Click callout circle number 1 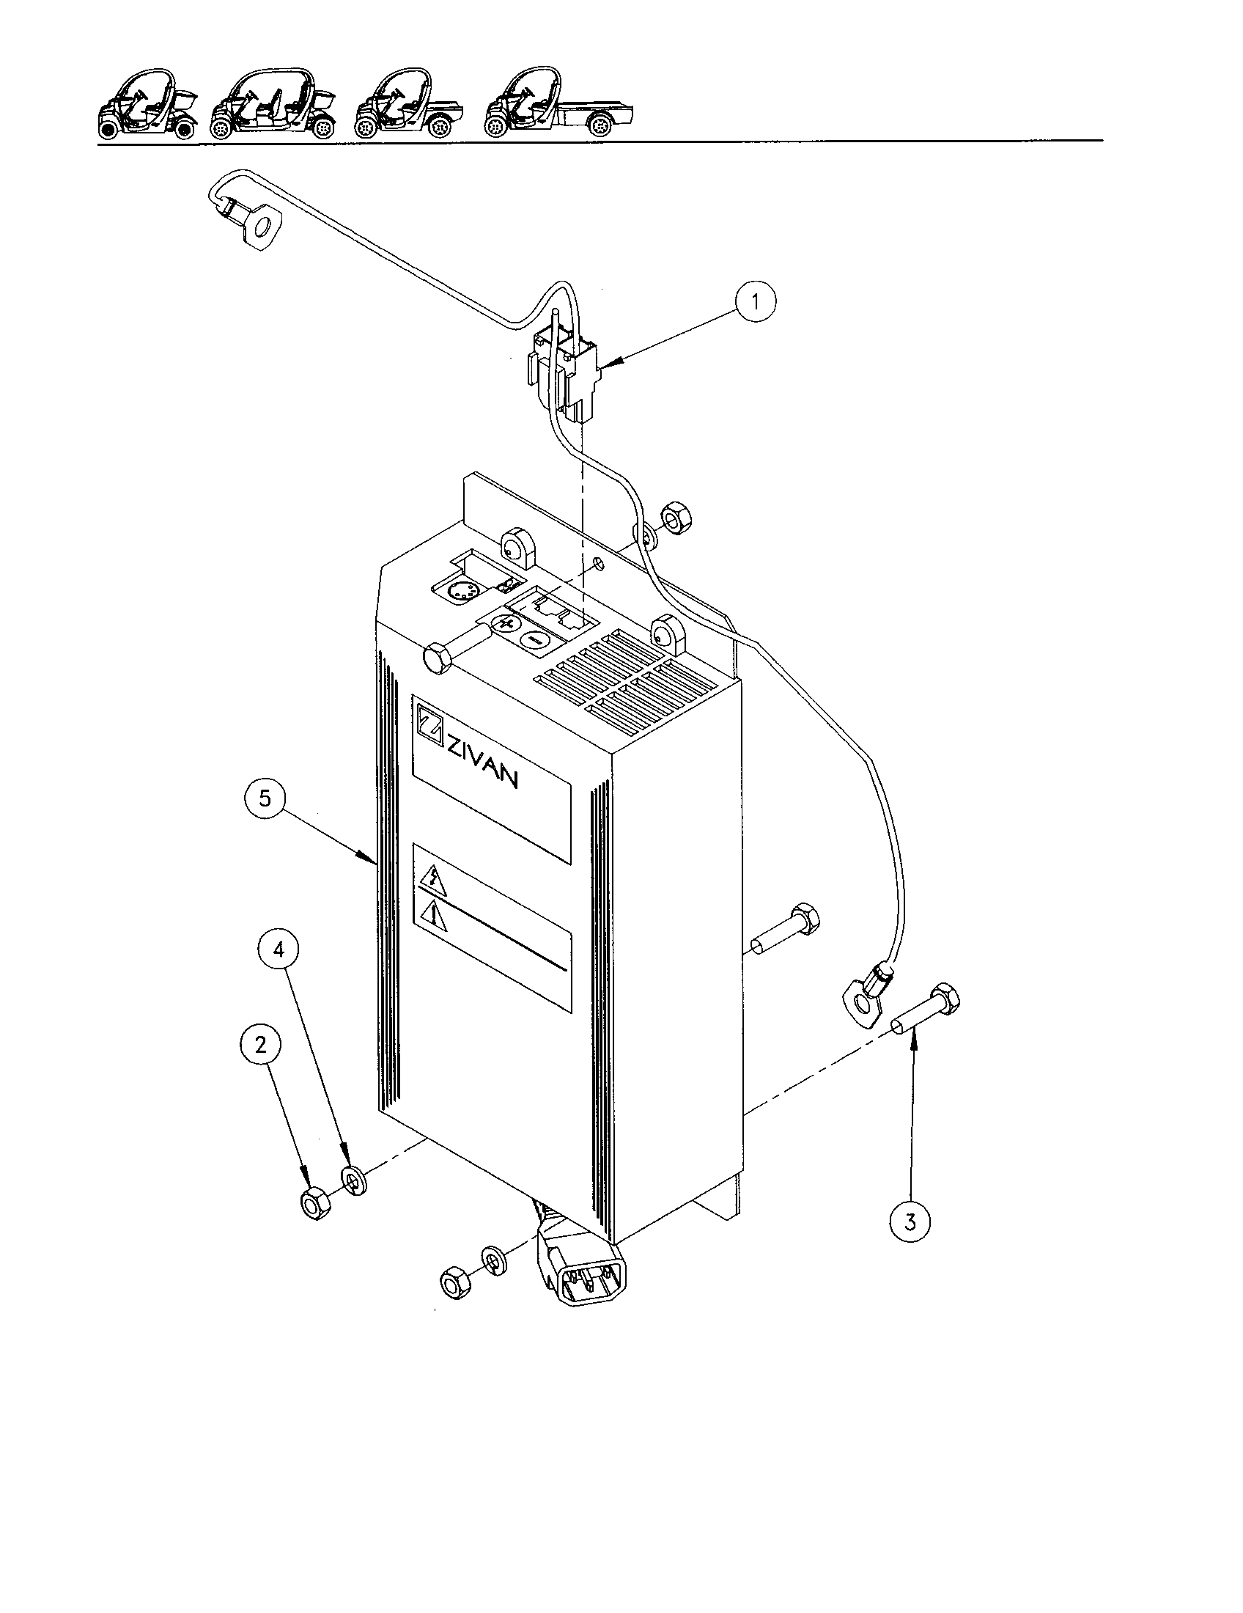click(755, 301)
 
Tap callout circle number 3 click(910, 1221)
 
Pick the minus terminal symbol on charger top click(532, 639)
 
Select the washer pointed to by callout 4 click(354, 1181)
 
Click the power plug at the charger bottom click(586, 1273)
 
